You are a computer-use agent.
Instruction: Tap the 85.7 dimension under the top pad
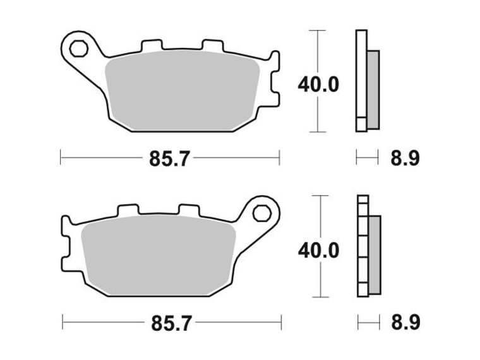tap(169, 159)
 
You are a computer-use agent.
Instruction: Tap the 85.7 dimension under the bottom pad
tap(169, 325)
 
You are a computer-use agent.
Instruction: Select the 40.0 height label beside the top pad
tap(318, 84)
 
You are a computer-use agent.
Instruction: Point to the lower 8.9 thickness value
tap(404, 325)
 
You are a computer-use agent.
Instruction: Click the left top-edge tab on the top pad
tap(150, 47)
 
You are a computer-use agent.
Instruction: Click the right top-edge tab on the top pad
tap(210, 47)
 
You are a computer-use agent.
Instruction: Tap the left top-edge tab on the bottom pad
tap(127, 210)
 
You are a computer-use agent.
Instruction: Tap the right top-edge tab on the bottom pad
tap(188, 210)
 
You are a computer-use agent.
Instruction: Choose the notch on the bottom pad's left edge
tap(66, 246)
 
